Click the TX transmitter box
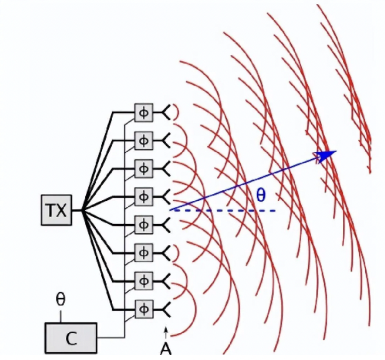click(56, 210)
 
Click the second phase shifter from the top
click(143, 141)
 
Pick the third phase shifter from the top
click(143, 169)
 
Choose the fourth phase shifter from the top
click(143, 197)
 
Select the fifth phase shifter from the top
click(143, 225)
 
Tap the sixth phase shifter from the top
click(143, 253)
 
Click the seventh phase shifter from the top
click(143, 281)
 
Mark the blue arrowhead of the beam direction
click(326, 155)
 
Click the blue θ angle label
click(261, 196)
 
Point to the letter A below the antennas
click(166, 349)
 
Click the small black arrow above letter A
click(166, 332)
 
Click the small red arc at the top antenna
click(177, 113)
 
